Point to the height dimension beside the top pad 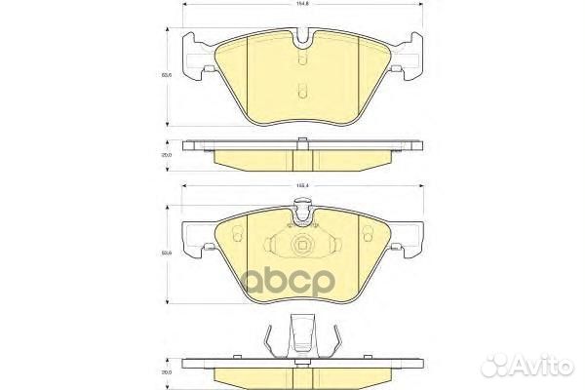[x=168, y=72]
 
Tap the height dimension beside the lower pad [x=168, y=253]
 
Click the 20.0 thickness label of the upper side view [x=167, y=155]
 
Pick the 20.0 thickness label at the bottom [x=167, y=371]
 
